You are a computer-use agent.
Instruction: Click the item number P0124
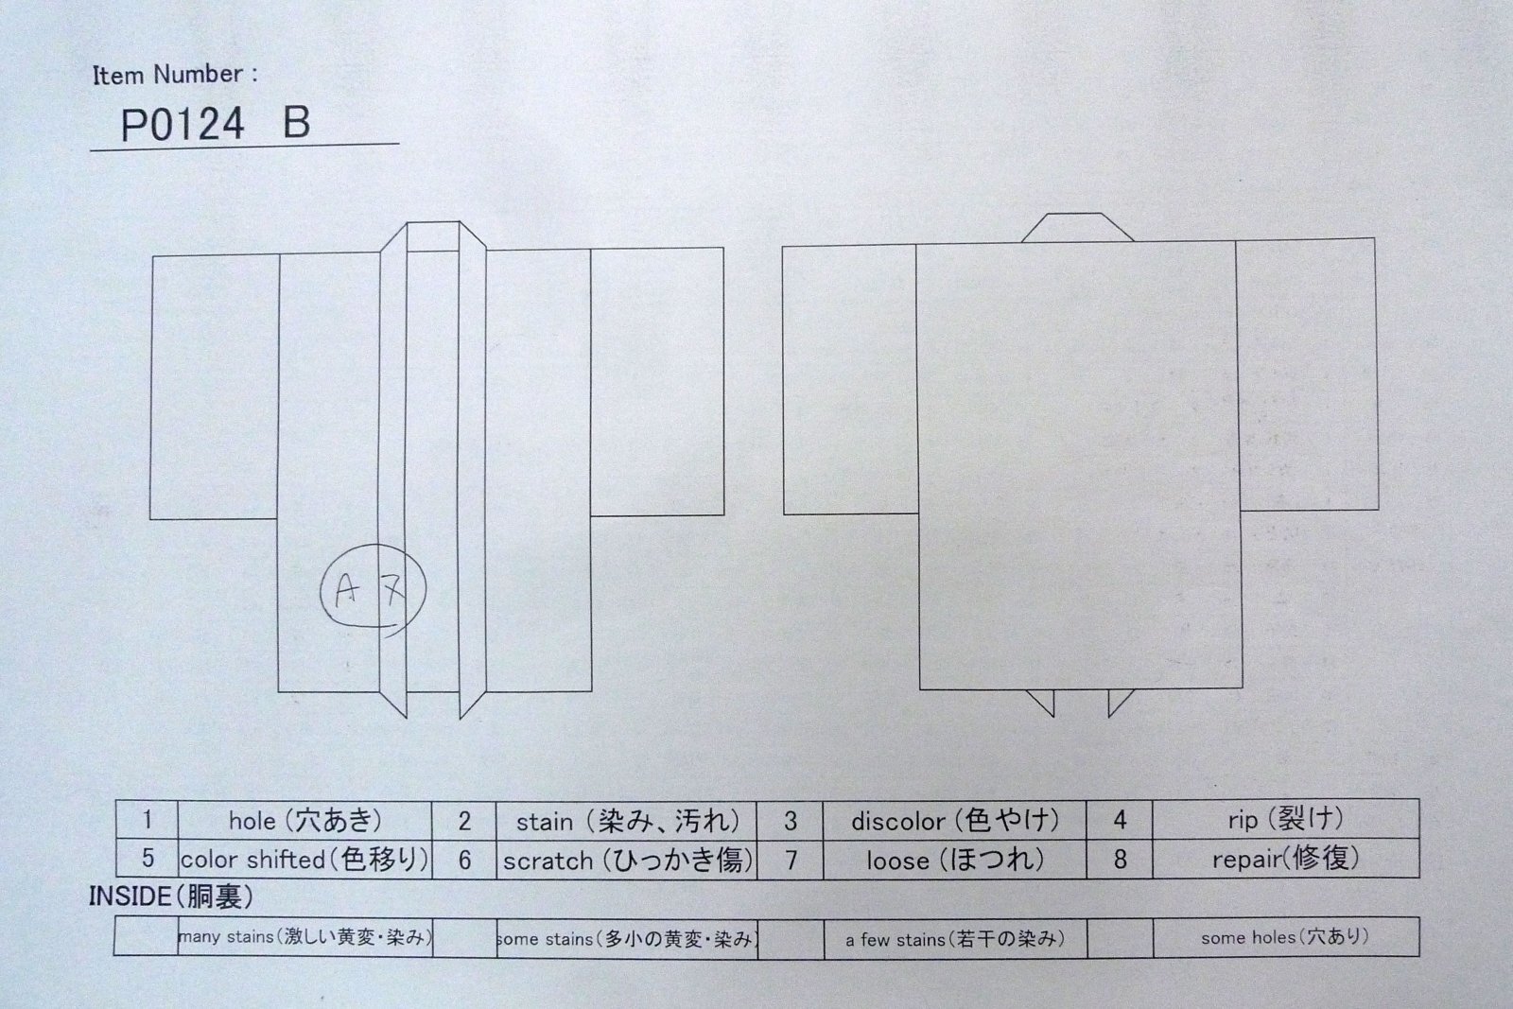pos(182,124)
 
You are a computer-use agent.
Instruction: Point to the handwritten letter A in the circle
pos(346,589)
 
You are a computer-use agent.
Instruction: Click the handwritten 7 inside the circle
pos(392,588)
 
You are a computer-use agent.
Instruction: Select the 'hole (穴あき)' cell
pos(304,820)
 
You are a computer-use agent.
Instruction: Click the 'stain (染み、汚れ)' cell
pos(627,821)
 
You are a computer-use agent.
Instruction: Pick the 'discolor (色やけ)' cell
pos(954,820)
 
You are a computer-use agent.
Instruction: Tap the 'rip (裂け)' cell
pos(1285,819)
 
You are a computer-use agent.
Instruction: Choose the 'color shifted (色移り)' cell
pos(304,859)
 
